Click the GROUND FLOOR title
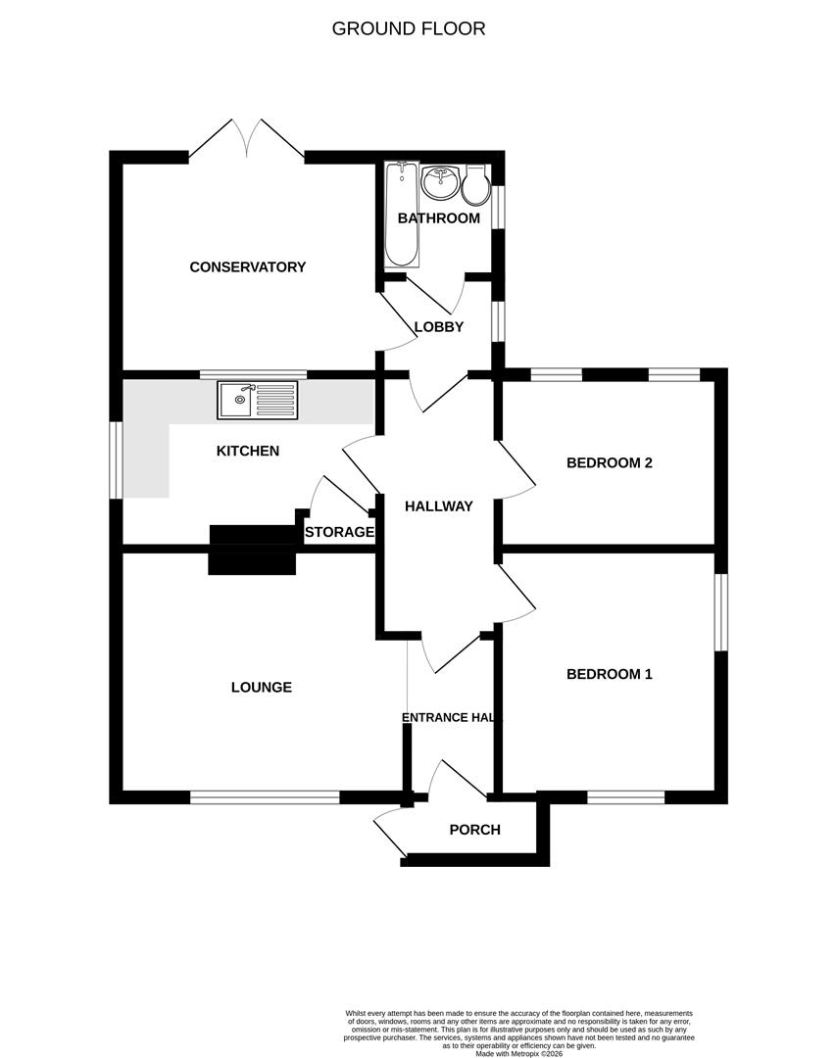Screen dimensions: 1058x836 tap(409, 28)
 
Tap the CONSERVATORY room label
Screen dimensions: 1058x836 tap(248, 266)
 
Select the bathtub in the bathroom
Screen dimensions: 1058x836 tap(402, 216)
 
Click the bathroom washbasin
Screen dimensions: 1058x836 tap(440, 182)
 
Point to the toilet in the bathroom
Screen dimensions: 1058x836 tap(476, 185)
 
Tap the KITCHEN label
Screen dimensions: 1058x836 tap(248, 451)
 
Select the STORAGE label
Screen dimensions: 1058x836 tap(339, 532)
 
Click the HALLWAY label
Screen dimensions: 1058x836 tap(439, 506)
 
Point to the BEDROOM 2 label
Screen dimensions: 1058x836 tap(610, 462)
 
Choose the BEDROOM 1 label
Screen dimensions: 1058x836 tap(610, 674)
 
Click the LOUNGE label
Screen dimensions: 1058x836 tap(262, 687)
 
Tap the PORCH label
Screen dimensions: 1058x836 tap(475, 830)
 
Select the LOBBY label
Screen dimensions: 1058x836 tap(438, 326)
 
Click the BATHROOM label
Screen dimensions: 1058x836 tap(439, 217)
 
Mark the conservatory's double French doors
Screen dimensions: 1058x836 tap(247, 139)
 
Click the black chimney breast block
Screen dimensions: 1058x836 tap(253, 548)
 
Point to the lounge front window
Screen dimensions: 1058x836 tap(265, 797)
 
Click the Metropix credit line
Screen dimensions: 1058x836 tap(519, 1054)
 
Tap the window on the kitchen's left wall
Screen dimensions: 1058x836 tap(116, 458)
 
